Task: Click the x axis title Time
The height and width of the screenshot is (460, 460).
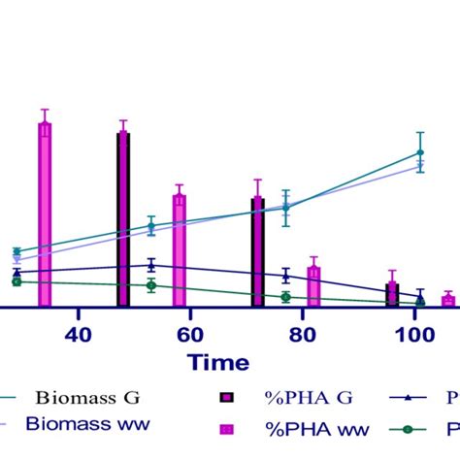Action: (x=218, y=363)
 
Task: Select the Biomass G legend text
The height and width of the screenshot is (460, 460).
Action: (x=88, y=397)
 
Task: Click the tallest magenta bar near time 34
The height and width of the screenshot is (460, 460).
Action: (x=44, y=214)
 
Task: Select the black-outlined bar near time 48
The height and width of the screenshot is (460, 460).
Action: (x=123, y=219)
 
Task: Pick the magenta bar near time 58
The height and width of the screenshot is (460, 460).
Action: (x=180, y=250)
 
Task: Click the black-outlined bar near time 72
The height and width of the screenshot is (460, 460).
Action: (x=257, y=252)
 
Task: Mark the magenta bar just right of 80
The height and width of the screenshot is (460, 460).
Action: (x=313, y=287)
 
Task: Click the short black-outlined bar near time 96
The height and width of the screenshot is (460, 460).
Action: (x=392, y=295)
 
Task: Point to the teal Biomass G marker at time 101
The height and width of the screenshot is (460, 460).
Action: (x=420, y=152)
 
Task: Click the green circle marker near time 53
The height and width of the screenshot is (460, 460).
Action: (x=151, y=285)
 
